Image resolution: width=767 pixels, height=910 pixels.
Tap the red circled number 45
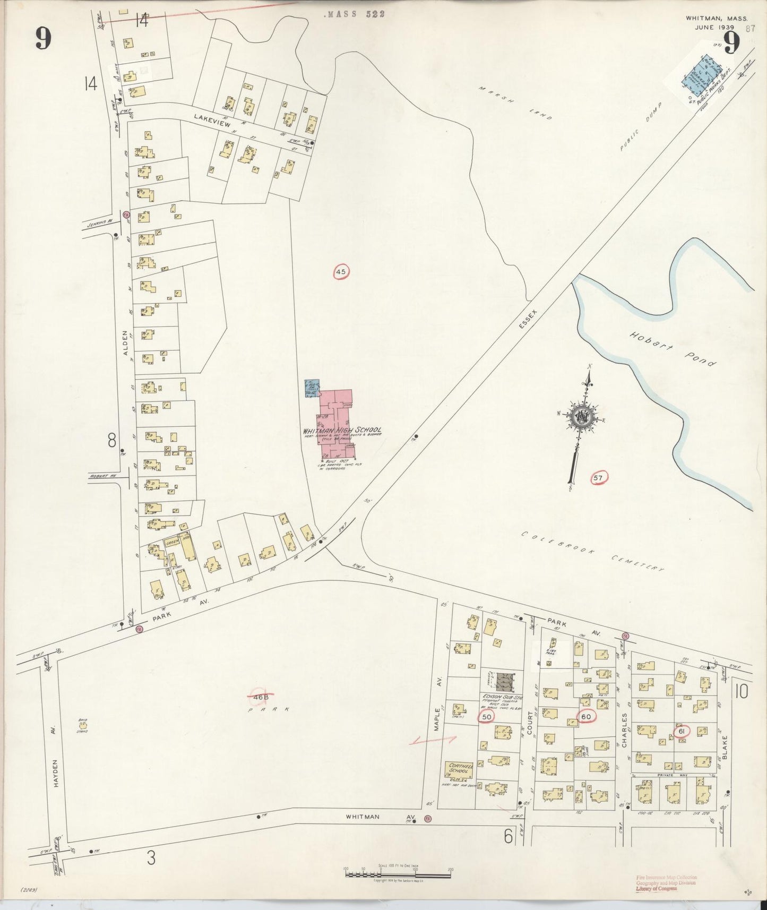341,272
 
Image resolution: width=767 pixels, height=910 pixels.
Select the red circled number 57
599,478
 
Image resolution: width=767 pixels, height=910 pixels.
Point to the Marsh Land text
514,104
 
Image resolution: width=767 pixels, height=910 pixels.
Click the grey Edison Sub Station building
503,681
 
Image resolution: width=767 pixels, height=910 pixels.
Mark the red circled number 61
680,731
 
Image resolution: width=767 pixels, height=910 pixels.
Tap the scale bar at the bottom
398,874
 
